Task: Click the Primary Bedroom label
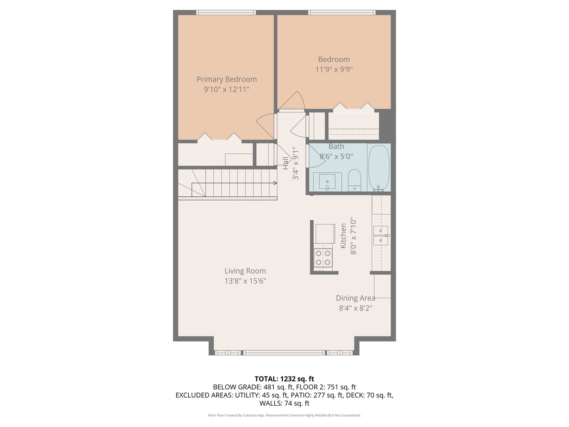pos(226,79)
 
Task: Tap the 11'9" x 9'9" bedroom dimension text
pos(334,70)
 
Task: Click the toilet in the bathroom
pos(354,180)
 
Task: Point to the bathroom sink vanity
pos(327,181)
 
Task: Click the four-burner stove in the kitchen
pos(323,257)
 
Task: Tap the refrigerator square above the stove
pos(325,233)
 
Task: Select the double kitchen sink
pos(381,235)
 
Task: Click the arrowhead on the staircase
pos(275,183)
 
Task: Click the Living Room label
pos(245,271)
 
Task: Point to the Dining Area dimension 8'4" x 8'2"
pos(356,308)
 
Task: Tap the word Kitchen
pos(343,236)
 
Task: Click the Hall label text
pos(285,163)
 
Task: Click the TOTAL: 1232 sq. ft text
pos(284,379)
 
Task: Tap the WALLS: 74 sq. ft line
pos(284,403)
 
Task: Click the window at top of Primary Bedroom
pos(226,12)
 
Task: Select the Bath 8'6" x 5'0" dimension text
pos(336,157)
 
